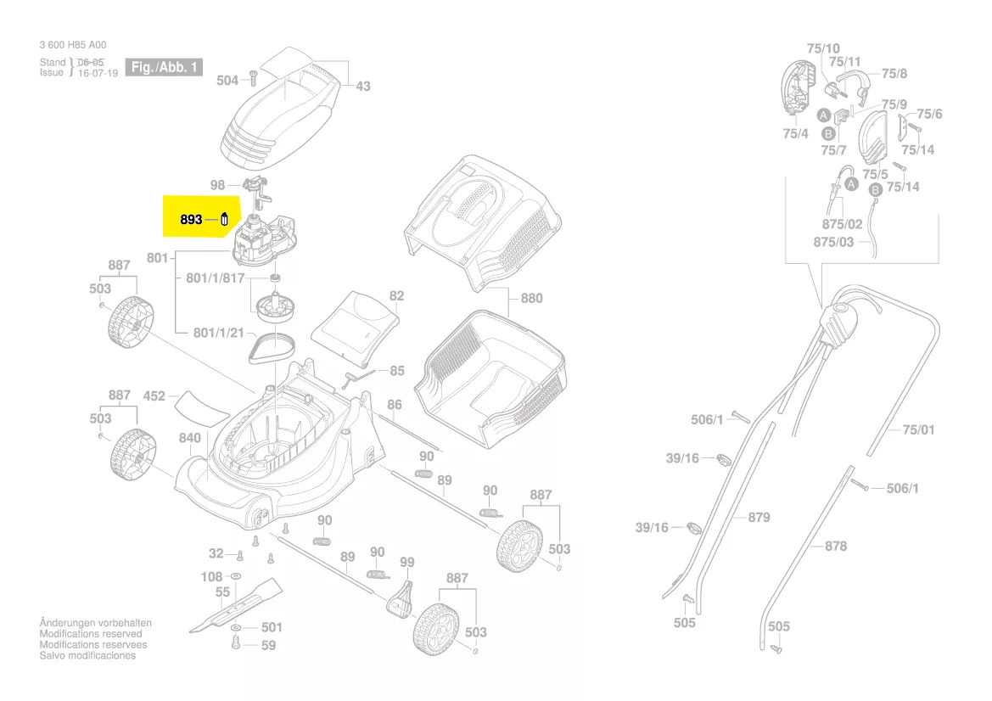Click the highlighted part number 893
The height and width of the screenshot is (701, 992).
[x=191, y=220]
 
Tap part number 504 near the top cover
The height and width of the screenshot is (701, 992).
[x=227, y=81]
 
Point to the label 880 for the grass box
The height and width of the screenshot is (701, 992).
[x=531, y=298]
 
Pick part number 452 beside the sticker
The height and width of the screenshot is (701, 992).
[x=154, y=395]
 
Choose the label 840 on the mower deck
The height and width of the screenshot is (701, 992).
[x=190, y=438]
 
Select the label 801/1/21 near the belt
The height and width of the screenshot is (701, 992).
[x=218, y=333]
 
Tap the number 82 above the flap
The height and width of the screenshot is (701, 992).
[x=396, y=296]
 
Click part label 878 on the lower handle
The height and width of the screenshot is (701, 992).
[x=836, y=546]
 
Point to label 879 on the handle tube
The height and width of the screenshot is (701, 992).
[x=759, y=517]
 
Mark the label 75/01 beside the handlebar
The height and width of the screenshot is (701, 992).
[x=918, y=429]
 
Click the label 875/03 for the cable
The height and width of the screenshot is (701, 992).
[x=833, y=243]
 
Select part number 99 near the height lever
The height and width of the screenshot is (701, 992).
[x=407, y=562]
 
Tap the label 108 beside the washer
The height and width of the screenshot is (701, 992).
[x=211, y=577]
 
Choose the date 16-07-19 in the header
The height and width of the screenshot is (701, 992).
[x=98, y=73]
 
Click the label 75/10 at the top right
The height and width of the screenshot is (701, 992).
[x=823, y=48]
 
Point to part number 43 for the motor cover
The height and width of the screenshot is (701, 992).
[x=363, y=86]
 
